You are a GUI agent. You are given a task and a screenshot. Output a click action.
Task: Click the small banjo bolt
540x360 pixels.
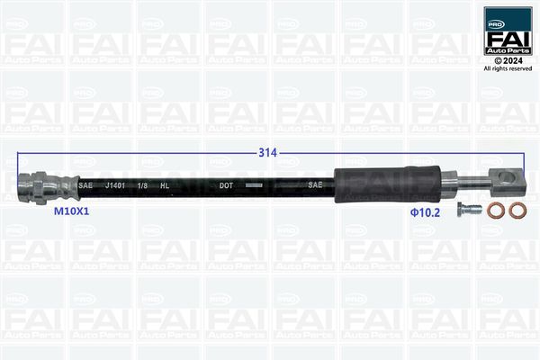[464, 211]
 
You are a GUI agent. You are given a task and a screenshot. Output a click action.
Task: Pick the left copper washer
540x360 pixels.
[494, 211]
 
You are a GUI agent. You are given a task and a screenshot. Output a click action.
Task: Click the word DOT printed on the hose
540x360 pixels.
[227, 185]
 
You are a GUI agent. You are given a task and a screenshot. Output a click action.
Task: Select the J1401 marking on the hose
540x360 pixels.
[116, 185]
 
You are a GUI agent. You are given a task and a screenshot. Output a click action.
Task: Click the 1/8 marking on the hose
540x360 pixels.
[142, 185]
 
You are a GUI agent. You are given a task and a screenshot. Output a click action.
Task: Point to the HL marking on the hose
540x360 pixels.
[165, 185]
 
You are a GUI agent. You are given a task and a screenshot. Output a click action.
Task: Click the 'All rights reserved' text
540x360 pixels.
[508, 68]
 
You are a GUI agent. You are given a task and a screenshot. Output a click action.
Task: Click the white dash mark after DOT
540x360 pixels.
[255, 185]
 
